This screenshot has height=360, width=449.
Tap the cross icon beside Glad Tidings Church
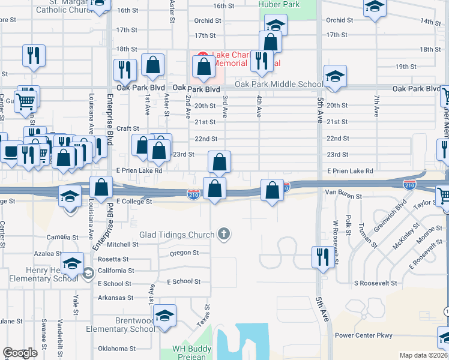[x=224, y=234]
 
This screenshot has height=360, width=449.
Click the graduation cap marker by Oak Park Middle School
[x=334, y=76]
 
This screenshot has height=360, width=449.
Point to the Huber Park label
[x=279, y=4]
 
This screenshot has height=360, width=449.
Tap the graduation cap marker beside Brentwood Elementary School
[x=164, y=316]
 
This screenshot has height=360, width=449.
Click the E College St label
[x=134, y=202]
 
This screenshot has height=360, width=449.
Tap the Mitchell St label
[x=122, y=244]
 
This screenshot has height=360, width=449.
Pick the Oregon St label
[x=184, y=253]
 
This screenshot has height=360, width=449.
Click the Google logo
[x=20, y=353]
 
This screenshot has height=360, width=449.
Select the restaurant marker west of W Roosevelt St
[x=323, y=257]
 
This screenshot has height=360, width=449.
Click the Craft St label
[x=128, y=128]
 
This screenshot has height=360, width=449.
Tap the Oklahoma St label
[x=117, y=349]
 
